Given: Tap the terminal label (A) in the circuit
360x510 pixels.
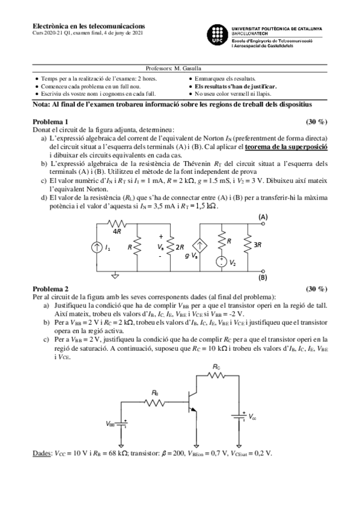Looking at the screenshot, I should (263, 217).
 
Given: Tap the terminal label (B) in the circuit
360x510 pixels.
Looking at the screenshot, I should (263, 278).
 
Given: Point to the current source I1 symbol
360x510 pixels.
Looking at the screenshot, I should (97, 247).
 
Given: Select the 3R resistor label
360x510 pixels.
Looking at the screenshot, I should (258, 245).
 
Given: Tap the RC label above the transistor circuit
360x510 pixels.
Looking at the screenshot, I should (216, 366).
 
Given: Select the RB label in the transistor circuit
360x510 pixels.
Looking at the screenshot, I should (155, 392).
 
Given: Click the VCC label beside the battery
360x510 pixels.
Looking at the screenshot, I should (252, 416).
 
